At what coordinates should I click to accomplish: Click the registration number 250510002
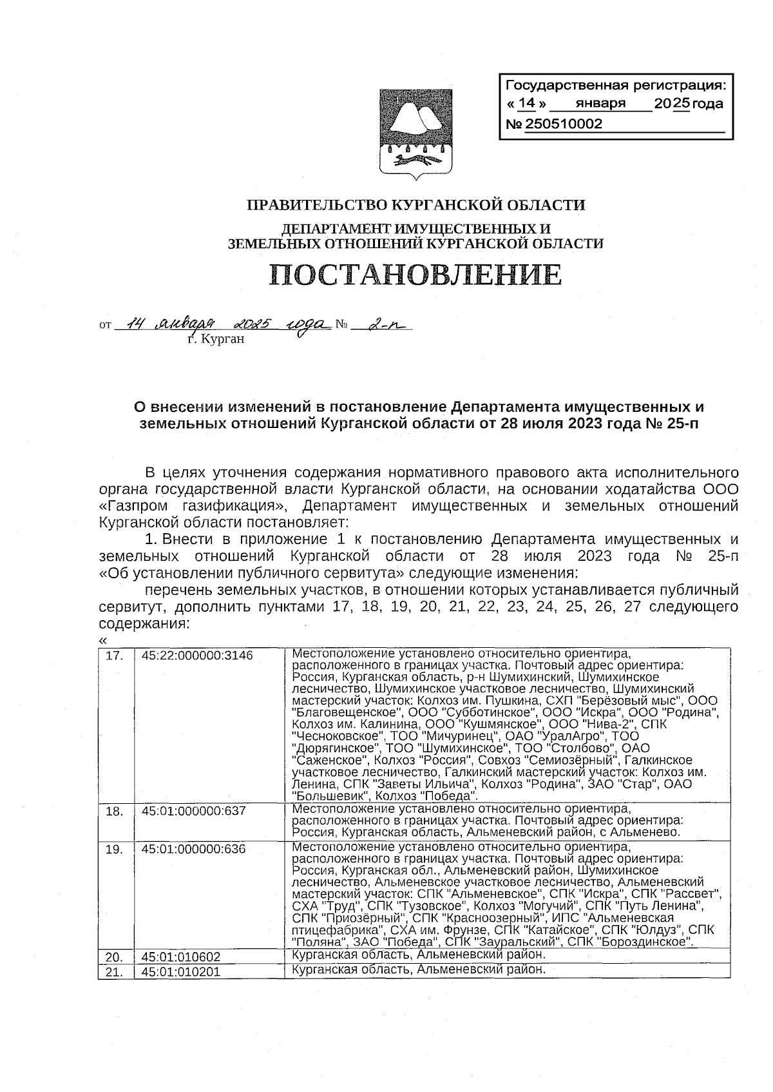tap(564, 124)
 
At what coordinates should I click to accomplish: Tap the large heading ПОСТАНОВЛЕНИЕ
tap(415, 275)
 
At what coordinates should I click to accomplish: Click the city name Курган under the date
tap(216, 339)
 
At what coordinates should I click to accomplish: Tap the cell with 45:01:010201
tap(181, 971)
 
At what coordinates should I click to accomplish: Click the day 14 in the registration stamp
tap(526, 104)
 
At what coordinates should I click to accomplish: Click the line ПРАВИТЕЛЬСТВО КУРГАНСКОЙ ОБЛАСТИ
tap(416, 205)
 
